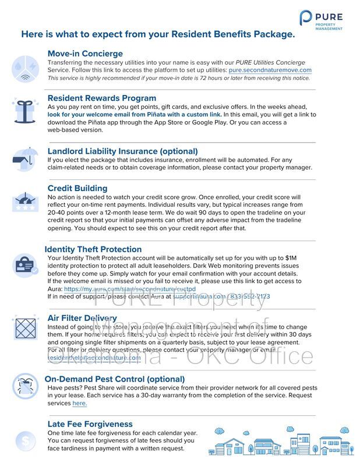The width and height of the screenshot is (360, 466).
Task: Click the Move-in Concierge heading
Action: coord(85,54)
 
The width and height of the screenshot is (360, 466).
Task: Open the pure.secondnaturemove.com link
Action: coord(270,70)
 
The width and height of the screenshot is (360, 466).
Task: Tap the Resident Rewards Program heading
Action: coord(101,98)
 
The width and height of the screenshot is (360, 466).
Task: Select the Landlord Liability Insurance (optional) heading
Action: coord(122,151)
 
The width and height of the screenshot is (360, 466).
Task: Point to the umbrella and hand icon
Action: coord(24,158)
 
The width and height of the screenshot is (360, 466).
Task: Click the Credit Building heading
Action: coord(77,188)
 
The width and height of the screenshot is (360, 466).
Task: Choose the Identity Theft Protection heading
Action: coord(93,249)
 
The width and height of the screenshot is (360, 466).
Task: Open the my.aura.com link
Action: coord(129,289)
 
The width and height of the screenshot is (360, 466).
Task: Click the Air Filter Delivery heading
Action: coord(82,318)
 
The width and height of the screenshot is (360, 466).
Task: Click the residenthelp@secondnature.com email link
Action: coord(94,358)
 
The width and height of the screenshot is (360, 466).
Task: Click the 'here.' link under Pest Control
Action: coord(79,403)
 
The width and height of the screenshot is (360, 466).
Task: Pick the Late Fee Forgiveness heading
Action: coord(90,424)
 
